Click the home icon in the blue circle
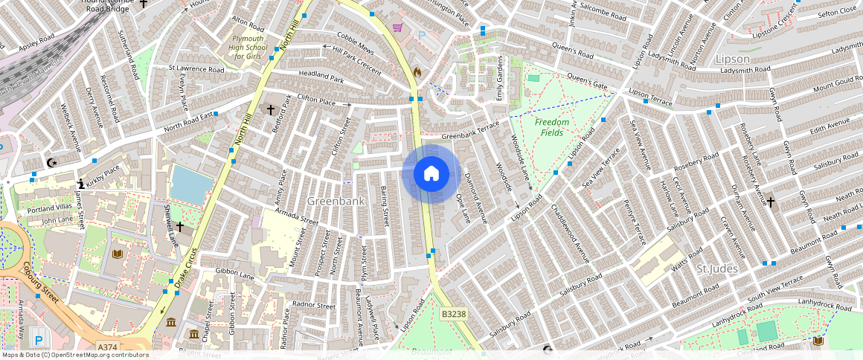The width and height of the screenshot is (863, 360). point(431,173)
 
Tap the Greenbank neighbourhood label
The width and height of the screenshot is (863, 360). point(336,201)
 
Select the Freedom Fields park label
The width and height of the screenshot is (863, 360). point(551,127)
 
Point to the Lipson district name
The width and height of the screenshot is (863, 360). point(731,59)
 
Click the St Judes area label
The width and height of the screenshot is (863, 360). point(716,268)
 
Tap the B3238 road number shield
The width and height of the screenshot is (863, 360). point(453,315)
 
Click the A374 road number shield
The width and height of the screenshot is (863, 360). point(107,347)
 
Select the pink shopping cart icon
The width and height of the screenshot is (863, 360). point(398,28)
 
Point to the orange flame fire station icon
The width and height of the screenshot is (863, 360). point(417,72)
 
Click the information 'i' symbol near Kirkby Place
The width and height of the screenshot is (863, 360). point(80,183)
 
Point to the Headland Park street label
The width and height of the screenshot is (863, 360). point(321,77)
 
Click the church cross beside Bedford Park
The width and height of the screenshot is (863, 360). point(271,110)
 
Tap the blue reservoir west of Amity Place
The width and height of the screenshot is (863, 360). point(190,184)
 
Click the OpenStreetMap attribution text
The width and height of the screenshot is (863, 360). point(74,355)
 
